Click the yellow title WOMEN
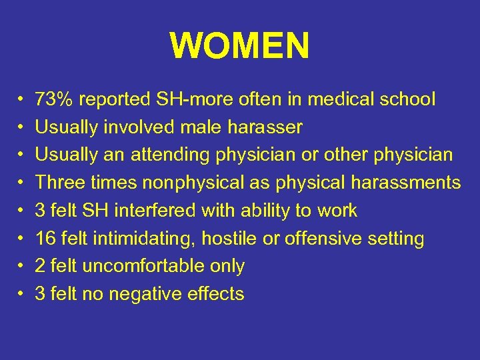[x=239, y=46]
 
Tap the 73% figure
[x=54, y=100]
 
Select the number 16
[x=45, y=239]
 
